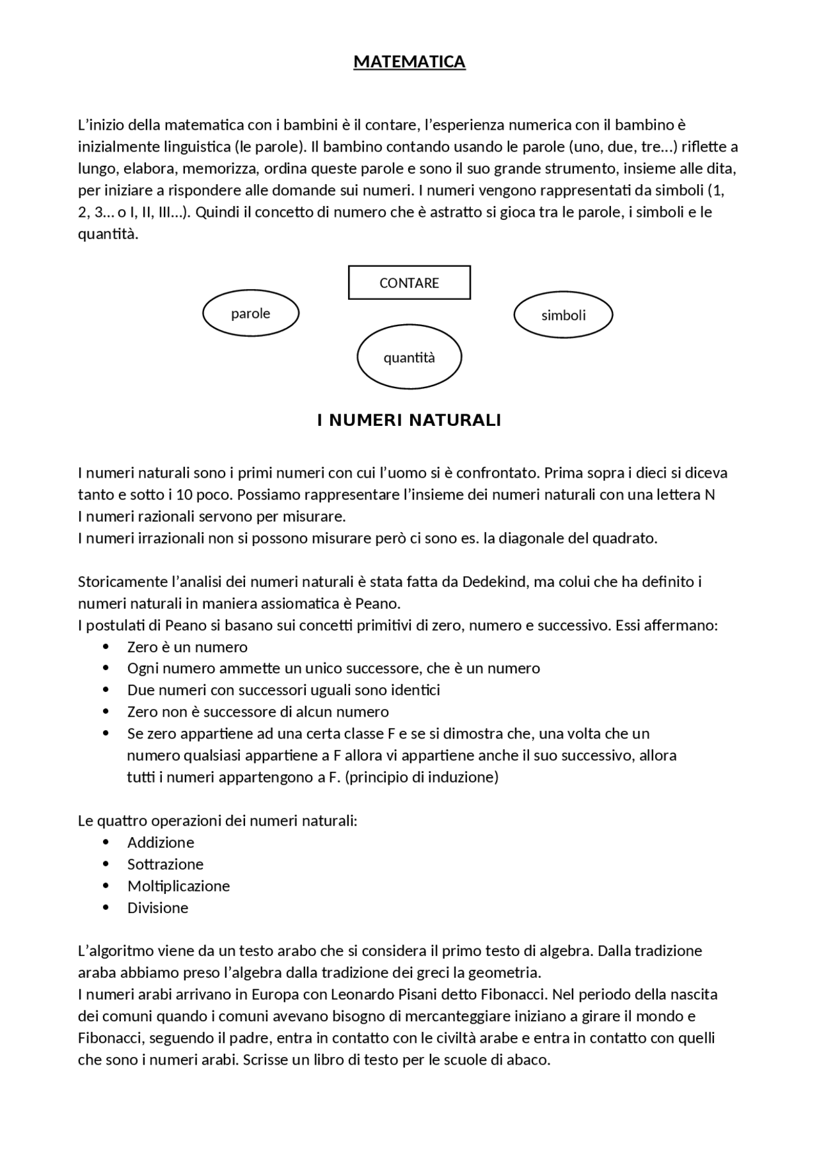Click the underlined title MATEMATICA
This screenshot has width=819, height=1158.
409,62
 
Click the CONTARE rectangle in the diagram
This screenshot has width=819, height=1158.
409,283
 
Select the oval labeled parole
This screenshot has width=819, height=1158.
251,313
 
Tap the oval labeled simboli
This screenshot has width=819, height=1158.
563,315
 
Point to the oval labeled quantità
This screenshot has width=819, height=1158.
409,357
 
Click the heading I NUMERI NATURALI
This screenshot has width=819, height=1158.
409,420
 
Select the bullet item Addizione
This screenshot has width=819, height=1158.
161,842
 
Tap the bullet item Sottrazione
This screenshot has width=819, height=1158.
165,864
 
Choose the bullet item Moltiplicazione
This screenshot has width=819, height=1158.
179,886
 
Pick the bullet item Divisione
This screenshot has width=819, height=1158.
157,907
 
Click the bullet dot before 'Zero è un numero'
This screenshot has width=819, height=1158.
106,647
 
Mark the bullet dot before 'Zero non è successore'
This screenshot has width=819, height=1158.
106,712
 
